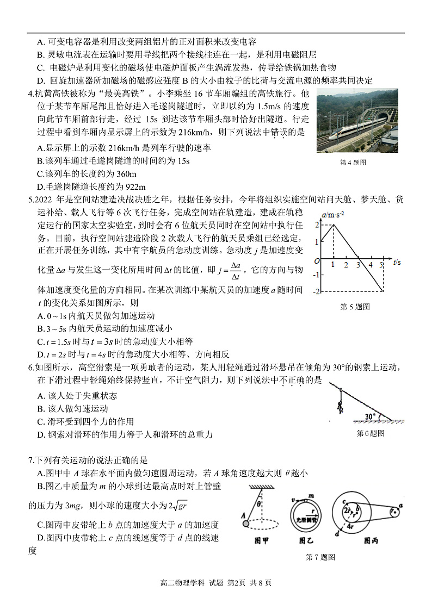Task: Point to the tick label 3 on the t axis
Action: click(x=358, y=265)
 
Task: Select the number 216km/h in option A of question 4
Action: click(x=125, y=148)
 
